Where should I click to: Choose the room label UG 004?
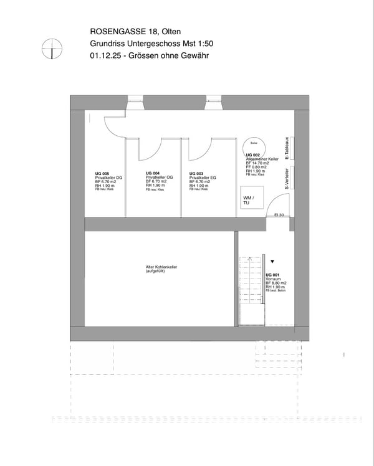pos(153,173)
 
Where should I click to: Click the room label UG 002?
pos(253,155)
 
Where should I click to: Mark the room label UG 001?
pos(272,275)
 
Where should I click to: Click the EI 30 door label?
pos(279,215)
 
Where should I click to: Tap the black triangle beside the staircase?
pos(272,264)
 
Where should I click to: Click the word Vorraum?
pos(272,279)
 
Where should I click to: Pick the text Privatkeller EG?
pos(203,178)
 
